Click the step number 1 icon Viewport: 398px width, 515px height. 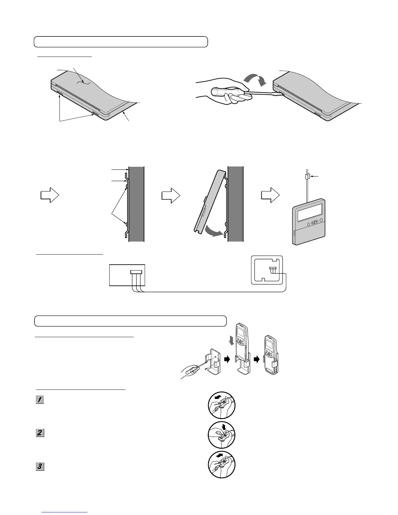pos(40,400)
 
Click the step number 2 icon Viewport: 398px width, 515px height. pos(40,433)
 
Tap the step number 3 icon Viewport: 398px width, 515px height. pos(40,466)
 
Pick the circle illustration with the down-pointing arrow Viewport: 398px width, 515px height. pos(222,435)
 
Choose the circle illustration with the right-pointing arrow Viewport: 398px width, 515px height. pos(222,464)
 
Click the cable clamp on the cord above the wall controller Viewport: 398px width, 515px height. pos(307,177)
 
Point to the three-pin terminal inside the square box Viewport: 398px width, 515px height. pos(272,269)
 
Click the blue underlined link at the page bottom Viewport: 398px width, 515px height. pos(65,513)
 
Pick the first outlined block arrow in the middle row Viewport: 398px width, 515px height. pos(49,196)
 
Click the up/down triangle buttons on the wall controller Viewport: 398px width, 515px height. pos(313,222)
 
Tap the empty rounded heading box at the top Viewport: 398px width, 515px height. pos(121,42)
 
